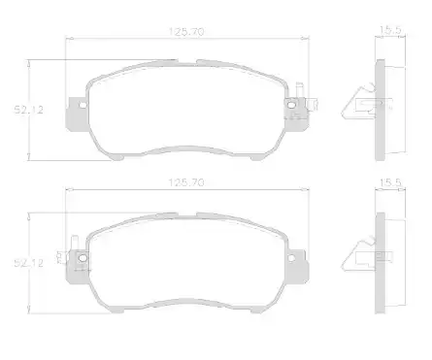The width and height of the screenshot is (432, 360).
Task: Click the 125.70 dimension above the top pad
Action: pos(186,32)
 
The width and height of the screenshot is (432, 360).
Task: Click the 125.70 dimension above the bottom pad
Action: pos(186,182)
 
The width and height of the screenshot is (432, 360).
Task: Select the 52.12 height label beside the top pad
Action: pos(28,110)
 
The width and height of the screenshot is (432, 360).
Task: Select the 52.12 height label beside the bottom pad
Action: pos(28,263)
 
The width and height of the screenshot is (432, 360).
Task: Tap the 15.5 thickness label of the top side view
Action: pos(390,30)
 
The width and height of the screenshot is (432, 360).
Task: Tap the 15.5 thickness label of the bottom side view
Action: pos(390,182)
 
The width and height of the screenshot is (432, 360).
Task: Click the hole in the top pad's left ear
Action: pos(83,105)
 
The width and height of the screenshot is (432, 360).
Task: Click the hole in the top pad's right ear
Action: pos(291,105)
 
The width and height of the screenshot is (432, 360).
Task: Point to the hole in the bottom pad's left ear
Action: pos(83,258)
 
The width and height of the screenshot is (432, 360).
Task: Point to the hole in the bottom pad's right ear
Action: pos(291,258)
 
